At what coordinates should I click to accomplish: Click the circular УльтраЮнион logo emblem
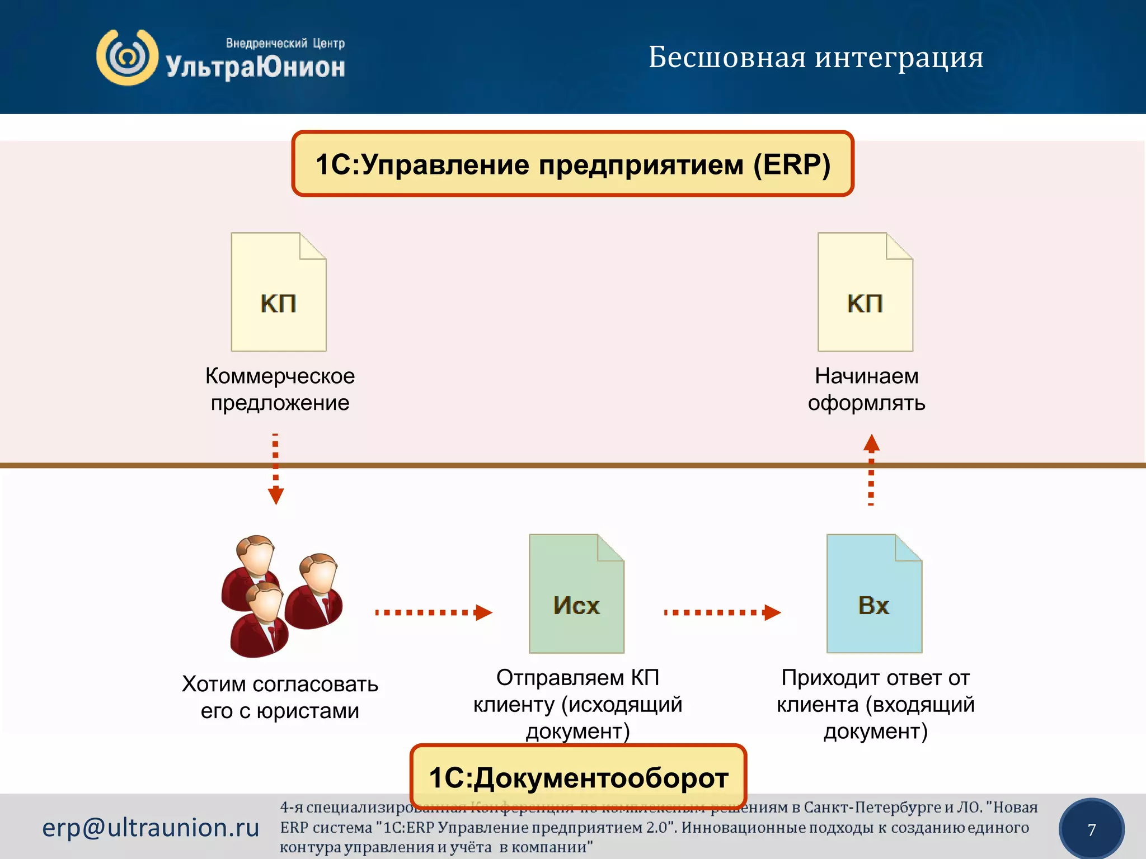127,58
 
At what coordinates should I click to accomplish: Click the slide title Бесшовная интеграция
815,57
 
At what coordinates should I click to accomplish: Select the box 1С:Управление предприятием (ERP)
572,164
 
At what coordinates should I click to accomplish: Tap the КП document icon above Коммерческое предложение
279,292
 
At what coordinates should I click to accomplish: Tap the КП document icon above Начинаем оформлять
865,292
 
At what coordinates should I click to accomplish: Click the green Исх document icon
576,594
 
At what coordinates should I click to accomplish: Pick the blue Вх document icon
874,594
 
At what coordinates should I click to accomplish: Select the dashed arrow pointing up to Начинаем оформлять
871,470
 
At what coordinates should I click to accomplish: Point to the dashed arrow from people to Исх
433,612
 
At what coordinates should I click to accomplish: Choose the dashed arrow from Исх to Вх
722,612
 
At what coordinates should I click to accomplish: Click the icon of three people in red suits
281,596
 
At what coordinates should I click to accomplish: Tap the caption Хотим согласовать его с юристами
280,697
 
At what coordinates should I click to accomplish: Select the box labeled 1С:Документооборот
579,777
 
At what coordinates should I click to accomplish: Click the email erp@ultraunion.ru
151,827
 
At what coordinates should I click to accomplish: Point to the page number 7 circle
1091,829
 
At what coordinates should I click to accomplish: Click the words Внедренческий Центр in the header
285,43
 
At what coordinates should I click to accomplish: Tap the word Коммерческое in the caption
280,376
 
